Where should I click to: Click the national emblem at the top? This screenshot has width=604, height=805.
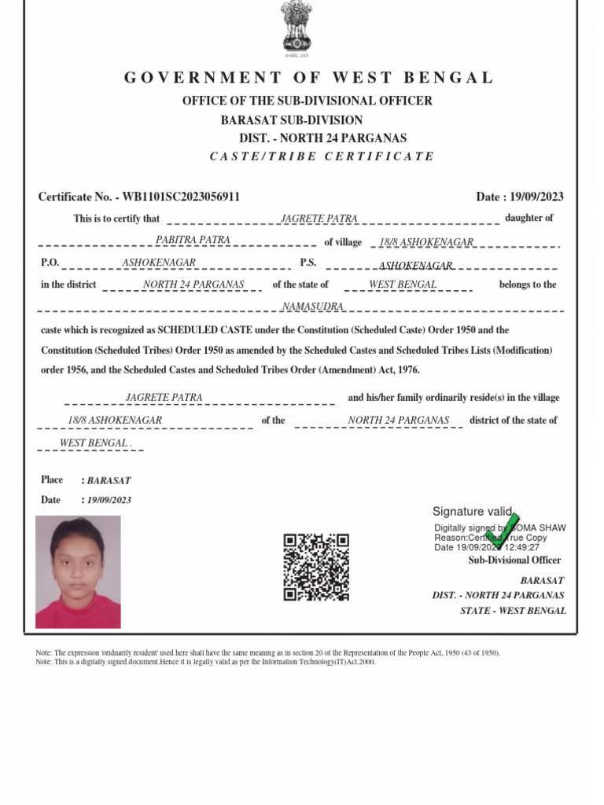tap(296, 29)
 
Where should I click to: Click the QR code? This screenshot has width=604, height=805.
tap(316, 567)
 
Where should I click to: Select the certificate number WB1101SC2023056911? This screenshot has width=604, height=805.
tap(182, 197)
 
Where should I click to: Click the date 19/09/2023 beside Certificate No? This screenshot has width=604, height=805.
tap(538, 197)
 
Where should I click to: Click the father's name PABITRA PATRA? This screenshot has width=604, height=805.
tap(193, 240)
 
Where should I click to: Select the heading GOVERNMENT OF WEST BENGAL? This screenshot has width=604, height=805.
tap(308, 78)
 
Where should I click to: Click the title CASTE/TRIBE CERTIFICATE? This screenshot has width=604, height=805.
tap(322, 156)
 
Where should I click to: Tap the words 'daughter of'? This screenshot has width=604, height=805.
tap(528, 218)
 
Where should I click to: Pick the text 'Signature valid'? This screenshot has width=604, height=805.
tap(472, 512)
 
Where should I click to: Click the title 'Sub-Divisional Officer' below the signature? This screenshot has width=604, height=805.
tap(514, 561)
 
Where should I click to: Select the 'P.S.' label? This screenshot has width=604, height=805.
tap(308, 263)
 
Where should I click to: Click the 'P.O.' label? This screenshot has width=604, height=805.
tap(50, 263)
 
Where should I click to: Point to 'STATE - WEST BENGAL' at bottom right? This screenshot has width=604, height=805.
tap(513, 611)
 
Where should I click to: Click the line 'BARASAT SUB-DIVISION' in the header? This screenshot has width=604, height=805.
tap(292, 120)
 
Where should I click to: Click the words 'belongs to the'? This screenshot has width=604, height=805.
tap(527, 285)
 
